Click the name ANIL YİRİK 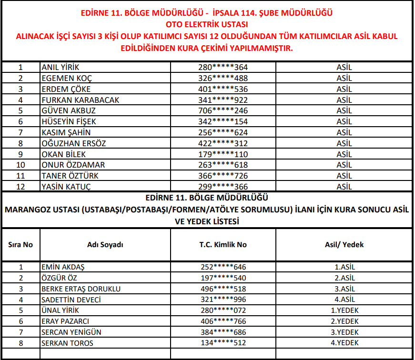[60, 67]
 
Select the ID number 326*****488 [223, 78]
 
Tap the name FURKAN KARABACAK [81, 100]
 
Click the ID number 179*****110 [223, 154]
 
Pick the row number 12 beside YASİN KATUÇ [20, 187]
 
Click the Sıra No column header [20, 245]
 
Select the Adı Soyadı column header [105, 245]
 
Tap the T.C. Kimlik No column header [223, 245]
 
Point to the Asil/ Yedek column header [344, 245]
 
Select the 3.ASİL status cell [344, 289]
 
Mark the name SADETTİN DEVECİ [71, 300]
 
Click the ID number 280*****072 [223, 310]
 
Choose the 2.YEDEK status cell [344, 321]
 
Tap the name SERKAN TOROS [67, 343]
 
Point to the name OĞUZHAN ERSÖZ [74, 143]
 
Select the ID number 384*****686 [223, 332]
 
